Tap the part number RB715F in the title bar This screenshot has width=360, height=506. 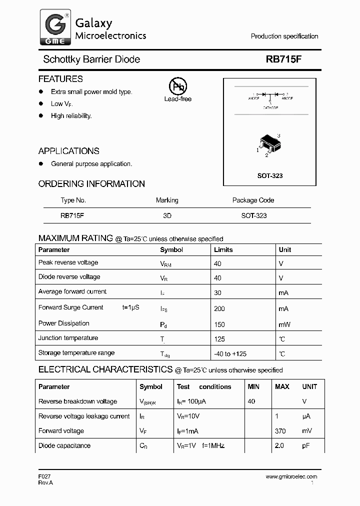pos(283,59)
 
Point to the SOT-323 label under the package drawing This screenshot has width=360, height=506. pos(270,176)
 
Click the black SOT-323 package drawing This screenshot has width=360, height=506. pos(269,144)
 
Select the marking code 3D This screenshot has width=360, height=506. pos(167,215)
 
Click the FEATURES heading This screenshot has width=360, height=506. pos(60,79)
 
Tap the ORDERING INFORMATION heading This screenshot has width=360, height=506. pos(91,184)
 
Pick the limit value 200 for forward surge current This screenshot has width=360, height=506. pos(219,309)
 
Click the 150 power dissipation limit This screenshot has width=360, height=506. pos(219,324)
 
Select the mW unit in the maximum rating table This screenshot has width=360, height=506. pos(284,324)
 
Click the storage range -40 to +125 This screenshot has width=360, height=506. pos(230,354)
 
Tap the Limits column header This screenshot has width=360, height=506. pos(223,249)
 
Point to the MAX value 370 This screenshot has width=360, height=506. pos(280,431)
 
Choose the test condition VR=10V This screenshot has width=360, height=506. pos(188,416)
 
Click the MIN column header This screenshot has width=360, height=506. pos(253,386)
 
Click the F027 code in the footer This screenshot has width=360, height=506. pos(44,476)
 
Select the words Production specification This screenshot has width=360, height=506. pos(284,36)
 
